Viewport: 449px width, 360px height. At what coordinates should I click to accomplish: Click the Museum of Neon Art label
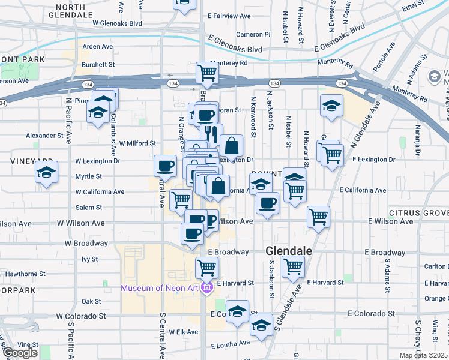161,289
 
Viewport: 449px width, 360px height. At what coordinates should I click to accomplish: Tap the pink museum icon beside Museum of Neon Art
207,289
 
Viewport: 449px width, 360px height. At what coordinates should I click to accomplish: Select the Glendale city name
289,252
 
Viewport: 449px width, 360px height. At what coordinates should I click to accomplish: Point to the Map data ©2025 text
423,355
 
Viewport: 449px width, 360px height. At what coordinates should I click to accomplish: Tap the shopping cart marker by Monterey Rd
207,73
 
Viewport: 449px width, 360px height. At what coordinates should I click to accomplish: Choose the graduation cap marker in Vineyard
46,173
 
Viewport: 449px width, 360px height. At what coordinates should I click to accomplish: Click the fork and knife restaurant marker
211,134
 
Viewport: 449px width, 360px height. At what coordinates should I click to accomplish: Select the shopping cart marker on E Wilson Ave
318,217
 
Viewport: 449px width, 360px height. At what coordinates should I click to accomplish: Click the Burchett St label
98,64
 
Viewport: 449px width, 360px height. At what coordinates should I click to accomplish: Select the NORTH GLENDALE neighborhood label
74,10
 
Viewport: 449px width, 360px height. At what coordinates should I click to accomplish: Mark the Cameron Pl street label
253,34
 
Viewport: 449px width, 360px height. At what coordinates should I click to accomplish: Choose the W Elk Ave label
178,332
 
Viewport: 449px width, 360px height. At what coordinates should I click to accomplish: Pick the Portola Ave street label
384,56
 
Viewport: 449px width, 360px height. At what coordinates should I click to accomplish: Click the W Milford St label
137,143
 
